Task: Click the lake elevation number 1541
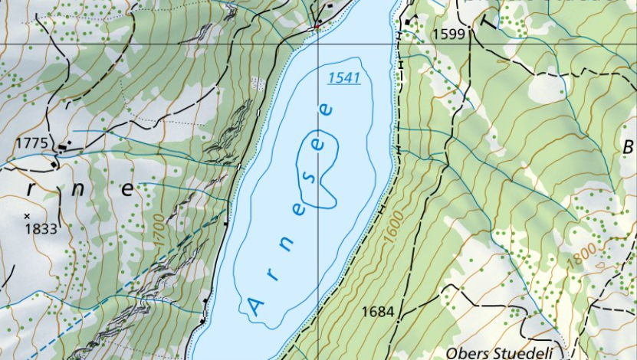344,78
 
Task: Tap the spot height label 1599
448,34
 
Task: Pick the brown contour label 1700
159,230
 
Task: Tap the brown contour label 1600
392,227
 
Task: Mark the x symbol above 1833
27,215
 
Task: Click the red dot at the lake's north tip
315,27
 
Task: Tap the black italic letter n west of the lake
78,190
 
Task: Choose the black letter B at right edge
628,146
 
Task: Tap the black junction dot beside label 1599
409,22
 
